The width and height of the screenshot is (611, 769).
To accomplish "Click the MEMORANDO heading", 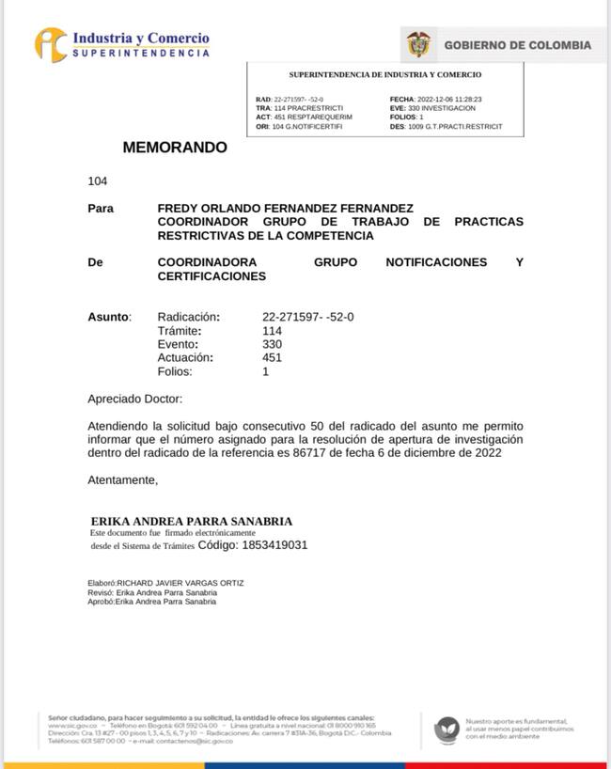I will (x=175, y=148).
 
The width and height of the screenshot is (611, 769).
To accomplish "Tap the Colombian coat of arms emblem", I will (x=418, y=45).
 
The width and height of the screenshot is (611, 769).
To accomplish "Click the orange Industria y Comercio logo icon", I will (x=52, y=44).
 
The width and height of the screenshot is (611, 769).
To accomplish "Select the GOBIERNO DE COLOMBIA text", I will (x=517, y=45).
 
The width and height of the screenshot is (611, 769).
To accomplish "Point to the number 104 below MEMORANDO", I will (x=98, y=181).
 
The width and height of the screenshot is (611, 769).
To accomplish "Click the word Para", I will (x=101, y=208).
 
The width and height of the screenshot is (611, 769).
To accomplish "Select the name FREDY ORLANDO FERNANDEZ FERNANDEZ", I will (x=285, y=208).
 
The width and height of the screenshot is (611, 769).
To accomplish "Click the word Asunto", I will (x=108, y=317).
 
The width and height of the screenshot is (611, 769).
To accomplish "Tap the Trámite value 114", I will (x=272, y=331).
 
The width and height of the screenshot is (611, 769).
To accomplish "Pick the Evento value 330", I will (x=272, y=344).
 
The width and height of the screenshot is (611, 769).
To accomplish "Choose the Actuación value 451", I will (x=272, y=357).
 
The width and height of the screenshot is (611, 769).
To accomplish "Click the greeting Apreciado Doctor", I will (x=134, y=399).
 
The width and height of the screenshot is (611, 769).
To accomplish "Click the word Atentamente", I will (x=122, y=480).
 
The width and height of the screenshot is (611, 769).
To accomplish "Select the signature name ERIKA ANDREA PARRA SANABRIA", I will (x=192, y=521).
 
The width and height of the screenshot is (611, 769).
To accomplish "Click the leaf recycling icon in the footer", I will (x=446, y=730).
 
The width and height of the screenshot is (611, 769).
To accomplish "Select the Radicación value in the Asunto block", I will (x=307, y=317).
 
